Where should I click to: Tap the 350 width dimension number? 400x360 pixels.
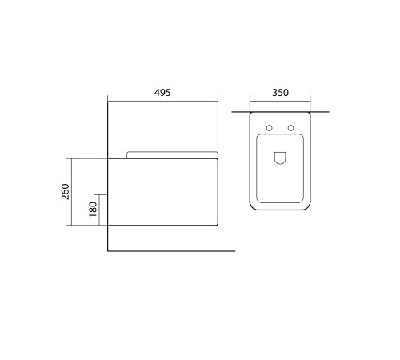click(280, 92)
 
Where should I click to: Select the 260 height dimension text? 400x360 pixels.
click(66, 192)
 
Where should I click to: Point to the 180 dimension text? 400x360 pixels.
click(93, 210)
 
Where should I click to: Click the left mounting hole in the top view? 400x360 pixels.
click(270, 128)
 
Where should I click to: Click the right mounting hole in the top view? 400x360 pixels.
click(290, 128)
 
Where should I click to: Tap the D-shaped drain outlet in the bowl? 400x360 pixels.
click(280, 158)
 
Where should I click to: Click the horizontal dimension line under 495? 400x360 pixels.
click(162, 101)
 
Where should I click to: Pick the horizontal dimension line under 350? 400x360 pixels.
click(280, 101)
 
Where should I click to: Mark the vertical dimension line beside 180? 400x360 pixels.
click(100, 210)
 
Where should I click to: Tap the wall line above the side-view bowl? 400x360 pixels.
click(107, 128)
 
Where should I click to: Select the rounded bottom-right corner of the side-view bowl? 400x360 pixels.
click(216, 224)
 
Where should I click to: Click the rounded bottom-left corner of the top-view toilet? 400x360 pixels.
click(253, 206)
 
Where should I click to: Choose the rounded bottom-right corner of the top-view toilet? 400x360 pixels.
click(307, 206)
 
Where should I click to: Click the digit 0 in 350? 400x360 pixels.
click(286, 92)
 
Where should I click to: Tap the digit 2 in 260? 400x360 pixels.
click(66, 198)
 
